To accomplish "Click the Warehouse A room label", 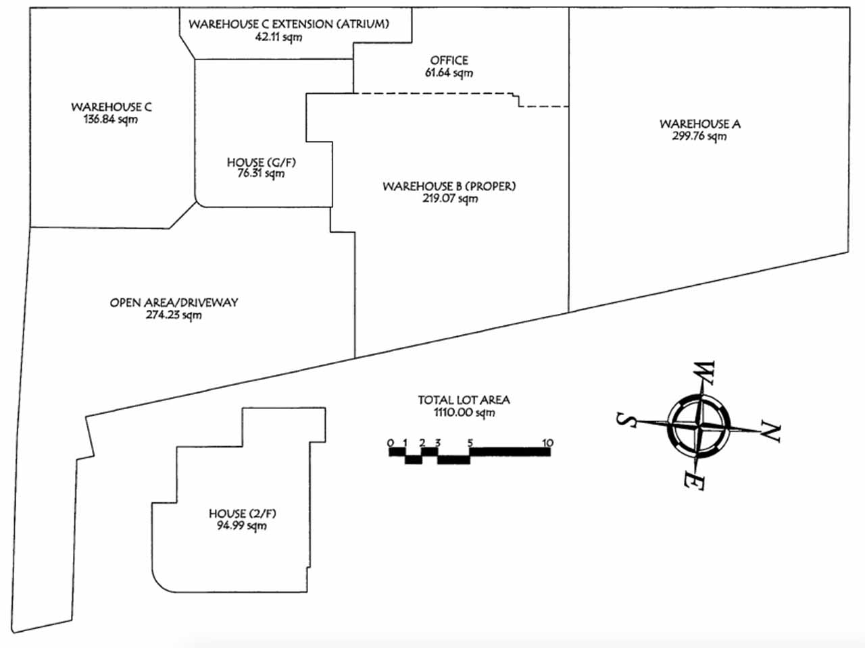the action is coord(700,124).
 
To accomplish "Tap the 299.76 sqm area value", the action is coord(699,136).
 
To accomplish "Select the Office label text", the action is coord(449,60).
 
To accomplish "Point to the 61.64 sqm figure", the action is coord(449,73).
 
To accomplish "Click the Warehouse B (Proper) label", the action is coord(449,186).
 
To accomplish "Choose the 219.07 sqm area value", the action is coord(450,198).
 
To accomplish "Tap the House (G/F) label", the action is coord(262,162).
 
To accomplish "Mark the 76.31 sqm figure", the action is coord(261,173).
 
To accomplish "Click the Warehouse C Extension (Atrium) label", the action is coord(289,24).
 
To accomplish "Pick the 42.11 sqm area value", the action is coord(278,37).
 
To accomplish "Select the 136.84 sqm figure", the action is coord(111,119).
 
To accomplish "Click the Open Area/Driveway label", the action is coord(174,302).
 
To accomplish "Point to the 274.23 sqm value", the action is coord(174,315).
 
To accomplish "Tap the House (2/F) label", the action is coord(243,514).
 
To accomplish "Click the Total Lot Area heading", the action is coord(464,400).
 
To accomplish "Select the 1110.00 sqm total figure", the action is coord(464,412).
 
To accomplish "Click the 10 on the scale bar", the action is coord(547,443).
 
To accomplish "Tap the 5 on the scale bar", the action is coord(470,443).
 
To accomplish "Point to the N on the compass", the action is coord(770,431).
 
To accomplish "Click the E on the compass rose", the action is coord(693,481).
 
